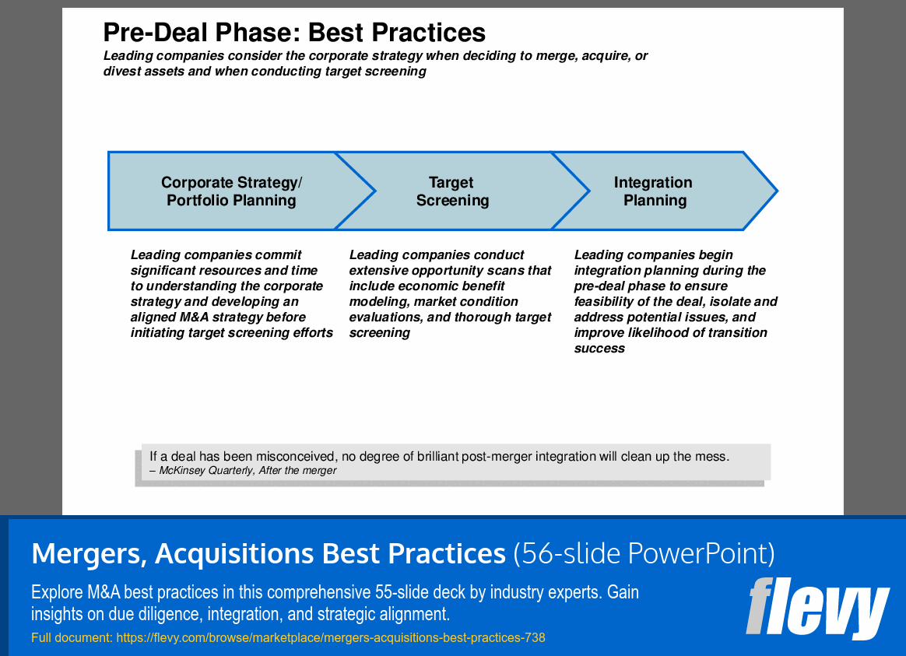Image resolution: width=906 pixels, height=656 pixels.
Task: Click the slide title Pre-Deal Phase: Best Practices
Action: tap(294, 33)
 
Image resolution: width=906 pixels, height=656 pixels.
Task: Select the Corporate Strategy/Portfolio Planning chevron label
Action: tap(231, 191)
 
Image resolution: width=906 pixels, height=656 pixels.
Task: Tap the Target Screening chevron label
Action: tap(452, 191)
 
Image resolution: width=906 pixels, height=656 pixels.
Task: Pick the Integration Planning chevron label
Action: tap(654, 191)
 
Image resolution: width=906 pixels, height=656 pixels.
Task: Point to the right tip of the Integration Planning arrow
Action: tap(777, 191)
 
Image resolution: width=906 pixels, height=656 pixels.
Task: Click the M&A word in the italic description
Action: tap(194, 317)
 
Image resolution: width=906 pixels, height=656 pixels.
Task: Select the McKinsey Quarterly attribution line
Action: tap(244, 471)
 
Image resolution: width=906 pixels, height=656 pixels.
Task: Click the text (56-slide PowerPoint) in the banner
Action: tap(644, 554)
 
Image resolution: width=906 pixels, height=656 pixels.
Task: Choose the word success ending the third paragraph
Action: tap(599, 348)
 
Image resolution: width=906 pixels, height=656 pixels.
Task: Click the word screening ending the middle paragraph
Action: tap(380, 333)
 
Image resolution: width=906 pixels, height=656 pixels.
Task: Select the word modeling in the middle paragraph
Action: tap(374, 302)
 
